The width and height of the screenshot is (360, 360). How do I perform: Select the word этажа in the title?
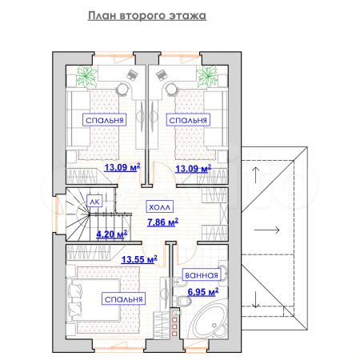pos(186,16)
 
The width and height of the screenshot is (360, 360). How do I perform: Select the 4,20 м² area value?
pos(111,235)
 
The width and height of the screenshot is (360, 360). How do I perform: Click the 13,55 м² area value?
pos(138,259)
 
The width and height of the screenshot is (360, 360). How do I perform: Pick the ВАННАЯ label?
pos(201,274)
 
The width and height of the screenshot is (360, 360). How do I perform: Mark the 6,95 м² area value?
pos(202,292)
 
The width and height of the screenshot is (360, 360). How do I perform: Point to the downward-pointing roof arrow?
pos(255,300)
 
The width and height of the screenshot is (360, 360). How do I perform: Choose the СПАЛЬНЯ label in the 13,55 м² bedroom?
pos(123,298)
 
